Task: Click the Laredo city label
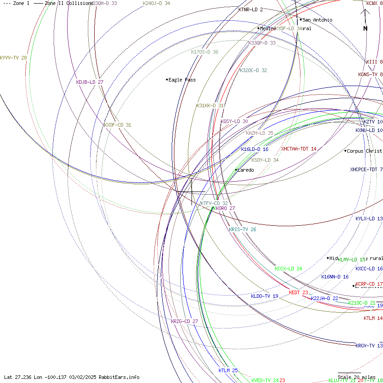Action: tap(246, 170)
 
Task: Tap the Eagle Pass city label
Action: tap(182, 80)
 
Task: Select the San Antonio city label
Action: tap(317, 20)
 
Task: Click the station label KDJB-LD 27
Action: tap(90, 82)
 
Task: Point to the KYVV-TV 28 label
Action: tap(14, 58)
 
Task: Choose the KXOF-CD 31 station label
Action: tap(117, 125)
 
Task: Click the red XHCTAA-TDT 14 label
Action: tap(299, 149)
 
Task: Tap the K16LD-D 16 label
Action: tap(255, 149)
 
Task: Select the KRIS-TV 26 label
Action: tap(242, 229)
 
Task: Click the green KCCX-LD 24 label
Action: tap(288, 269)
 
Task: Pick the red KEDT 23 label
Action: tap(298, 292)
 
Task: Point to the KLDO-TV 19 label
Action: tap(264, 296)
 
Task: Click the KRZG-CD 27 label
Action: tap(184, 321)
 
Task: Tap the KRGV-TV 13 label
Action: tap(369, 346)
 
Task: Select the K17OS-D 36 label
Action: tap(205, 52)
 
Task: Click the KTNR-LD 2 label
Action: tap(251, 9)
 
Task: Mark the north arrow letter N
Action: tap(365, 28)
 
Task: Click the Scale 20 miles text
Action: tap(356, 377)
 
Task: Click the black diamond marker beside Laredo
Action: tap(236, 170)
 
